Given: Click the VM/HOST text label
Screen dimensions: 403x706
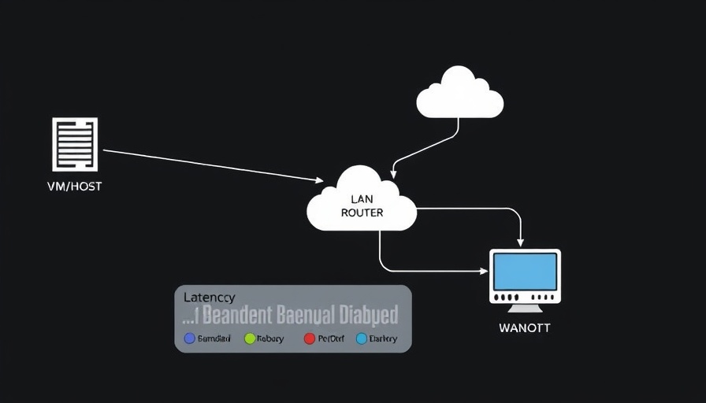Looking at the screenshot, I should pos(75,187).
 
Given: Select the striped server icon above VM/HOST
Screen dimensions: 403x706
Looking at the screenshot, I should pos(75,144).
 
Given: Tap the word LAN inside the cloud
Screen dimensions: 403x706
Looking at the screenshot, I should pos(362,199).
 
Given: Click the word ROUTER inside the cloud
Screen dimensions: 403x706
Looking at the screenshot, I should pos(362,213).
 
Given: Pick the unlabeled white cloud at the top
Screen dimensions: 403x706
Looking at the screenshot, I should pos(459,94).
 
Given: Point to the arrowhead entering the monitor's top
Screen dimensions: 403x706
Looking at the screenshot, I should pos(520,242).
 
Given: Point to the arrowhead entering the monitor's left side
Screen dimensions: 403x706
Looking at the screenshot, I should pos(483,271).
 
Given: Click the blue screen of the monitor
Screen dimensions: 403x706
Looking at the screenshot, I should pos(525,272).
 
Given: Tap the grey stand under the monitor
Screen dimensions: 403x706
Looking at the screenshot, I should pos(525,309).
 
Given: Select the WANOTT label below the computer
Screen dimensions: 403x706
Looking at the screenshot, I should pos(525,327).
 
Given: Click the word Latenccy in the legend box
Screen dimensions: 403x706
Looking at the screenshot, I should pos(209,298).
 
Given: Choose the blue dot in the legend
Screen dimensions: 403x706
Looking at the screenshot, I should pos(189,338).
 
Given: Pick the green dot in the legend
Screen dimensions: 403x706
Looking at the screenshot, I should pos(250,338).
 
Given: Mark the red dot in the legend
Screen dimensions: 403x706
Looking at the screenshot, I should pos(310,338).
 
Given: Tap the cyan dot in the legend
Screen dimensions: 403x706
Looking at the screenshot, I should pos(362,338).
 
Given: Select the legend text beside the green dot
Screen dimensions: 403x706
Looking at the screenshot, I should pos(270,338).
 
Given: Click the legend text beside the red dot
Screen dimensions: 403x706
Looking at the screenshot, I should pos(331,338).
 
